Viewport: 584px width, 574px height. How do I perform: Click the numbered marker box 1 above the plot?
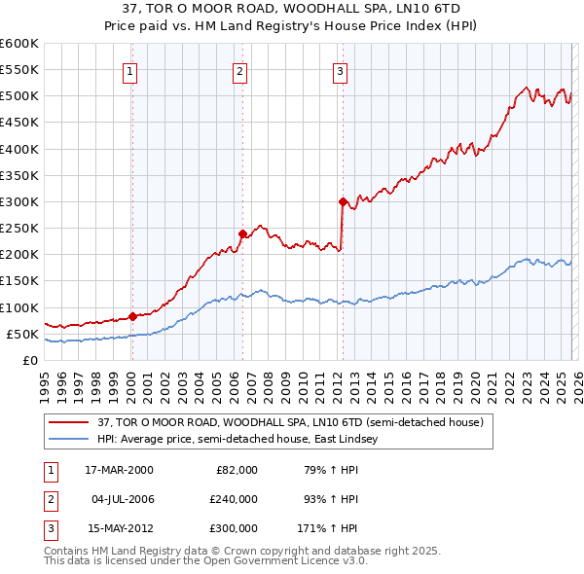tap(130, 70)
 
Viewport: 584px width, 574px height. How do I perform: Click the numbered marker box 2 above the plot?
tap(239, 70)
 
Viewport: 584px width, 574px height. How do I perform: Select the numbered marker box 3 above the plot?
tap(341, 70)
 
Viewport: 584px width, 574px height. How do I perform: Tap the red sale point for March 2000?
tap(132, 316)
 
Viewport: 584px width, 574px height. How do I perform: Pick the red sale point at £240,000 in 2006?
tap(241, 233)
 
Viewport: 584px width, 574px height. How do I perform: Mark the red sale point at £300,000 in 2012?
tap(343, 201)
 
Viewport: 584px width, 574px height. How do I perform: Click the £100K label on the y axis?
tap(18, 307)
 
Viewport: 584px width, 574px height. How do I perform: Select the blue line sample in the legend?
tap(68, 439)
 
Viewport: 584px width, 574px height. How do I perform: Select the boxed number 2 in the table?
tap(50, 499)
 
